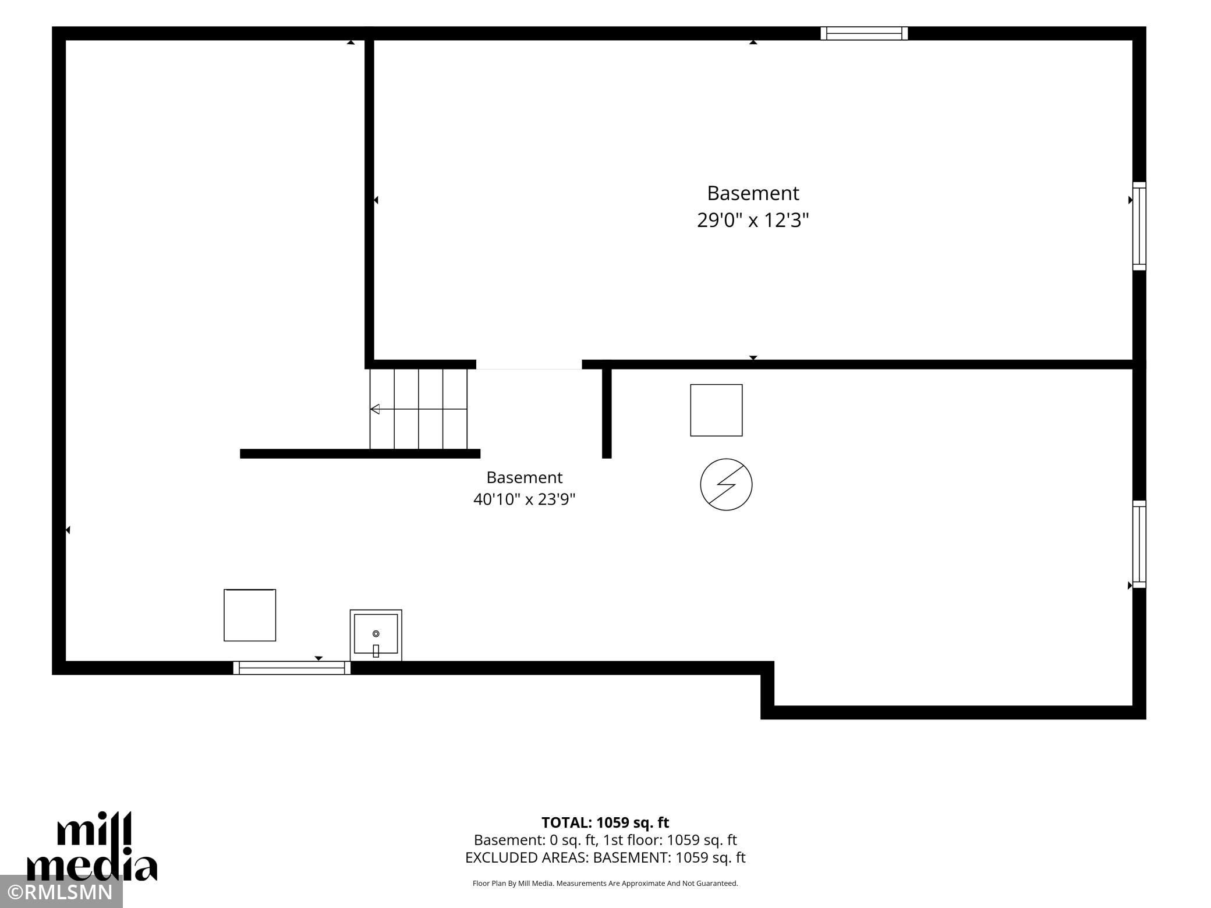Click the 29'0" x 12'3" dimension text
(x=753, y=221)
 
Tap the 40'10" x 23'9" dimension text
(x=524, y=499)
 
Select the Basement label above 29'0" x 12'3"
(x=753, y=193)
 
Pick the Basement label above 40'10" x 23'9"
(x=524, y=477)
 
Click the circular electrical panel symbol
(x=726, y=484)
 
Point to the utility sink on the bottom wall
(x=376, y=635)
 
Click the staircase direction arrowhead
(x=375, y=409)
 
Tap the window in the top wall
(x=864, y=33)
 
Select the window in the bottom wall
(x=292, y=668)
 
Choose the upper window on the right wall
(x=1139, y=226)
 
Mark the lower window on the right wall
(x=1139, y=544)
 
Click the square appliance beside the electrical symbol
(x=716, y=410)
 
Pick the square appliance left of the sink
(x=250, y=615)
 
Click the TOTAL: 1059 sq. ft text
(x=605, y=822)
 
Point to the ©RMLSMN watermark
(x=61, y=892)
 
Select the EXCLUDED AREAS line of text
(x=605, y=857)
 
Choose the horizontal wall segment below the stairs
(x=360, y=453)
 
